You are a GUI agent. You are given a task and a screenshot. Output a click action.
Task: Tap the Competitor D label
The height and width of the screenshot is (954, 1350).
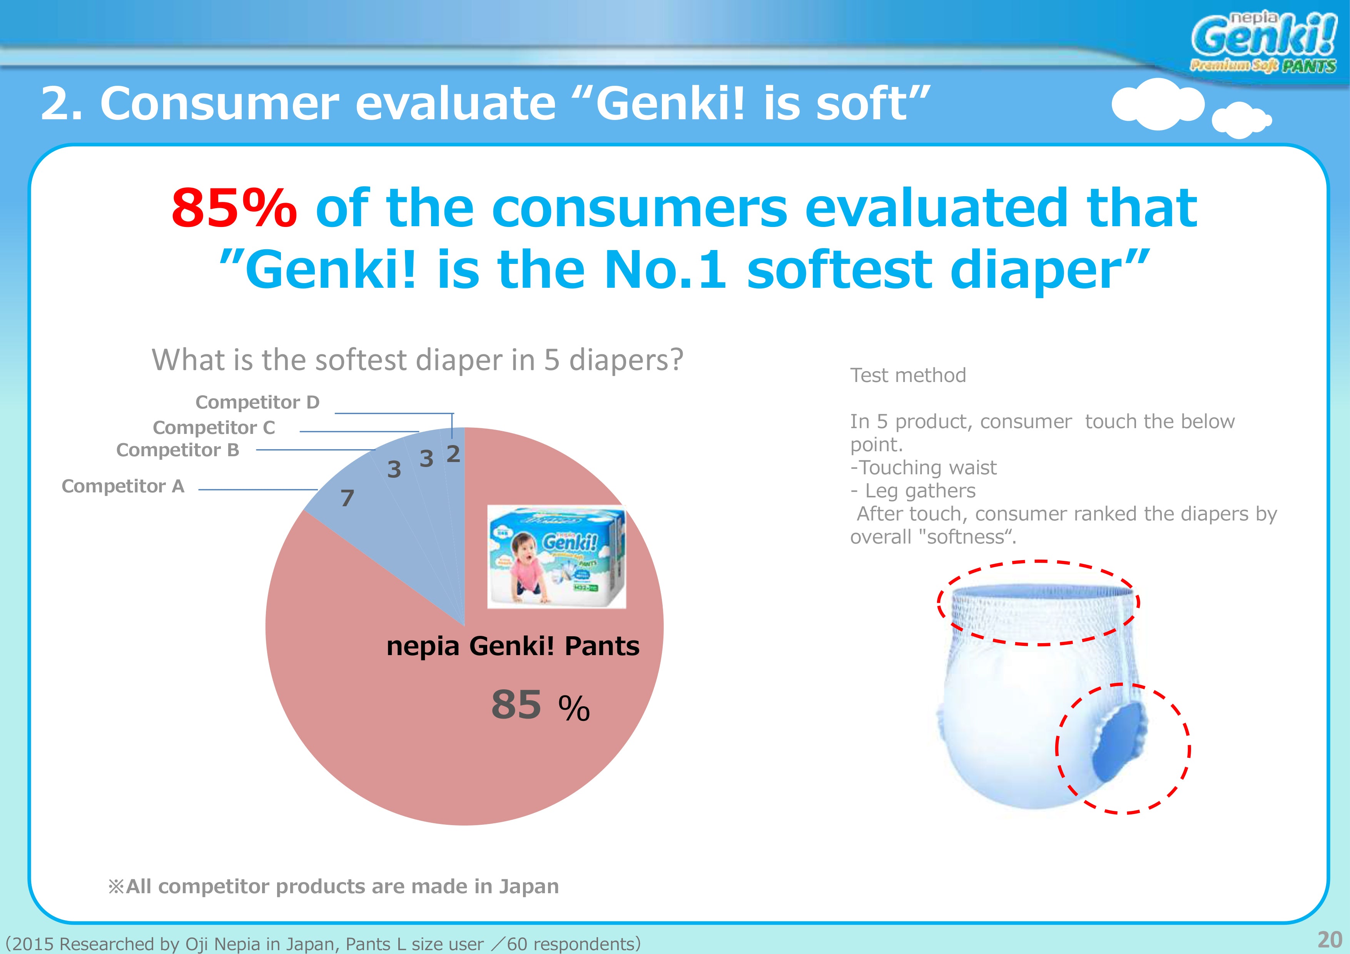click(x=257, y=402)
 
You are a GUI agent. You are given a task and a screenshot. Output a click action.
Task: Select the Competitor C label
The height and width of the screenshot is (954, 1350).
click(x=214, y=427)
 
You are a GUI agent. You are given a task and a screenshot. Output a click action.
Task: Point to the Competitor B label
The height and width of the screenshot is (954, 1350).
click(x=177, y=450)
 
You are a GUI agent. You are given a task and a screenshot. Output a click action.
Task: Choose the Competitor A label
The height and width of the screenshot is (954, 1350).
click(x=123, y=486)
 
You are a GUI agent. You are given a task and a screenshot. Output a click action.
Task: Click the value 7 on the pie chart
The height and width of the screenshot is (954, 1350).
click(x=348, y=499)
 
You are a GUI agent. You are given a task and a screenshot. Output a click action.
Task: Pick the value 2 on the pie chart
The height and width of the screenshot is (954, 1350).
click(x=453, y=454)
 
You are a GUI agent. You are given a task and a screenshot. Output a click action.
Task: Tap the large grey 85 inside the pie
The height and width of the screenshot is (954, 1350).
click(x=516, y=704)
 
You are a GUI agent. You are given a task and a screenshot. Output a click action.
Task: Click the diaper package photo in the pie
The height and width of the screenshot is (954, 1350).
click(x=556, y=557)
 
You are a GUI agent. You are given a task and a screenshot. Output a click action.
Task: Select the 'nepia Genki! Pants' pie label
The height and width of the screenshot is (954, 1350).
click(x=513, y=646)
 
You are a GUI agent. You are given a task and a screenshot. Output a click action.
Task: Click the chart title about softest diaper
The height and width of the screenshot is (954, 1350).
click(x=418, y=360)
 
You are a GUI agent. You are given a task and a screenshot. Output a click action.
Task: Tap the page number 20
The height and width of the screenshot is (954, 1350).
click(x=1330, y=940)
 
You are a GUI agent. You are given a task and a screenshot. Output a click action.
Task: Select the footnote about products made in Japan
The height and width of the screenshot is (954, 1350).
click(x=333, y=886)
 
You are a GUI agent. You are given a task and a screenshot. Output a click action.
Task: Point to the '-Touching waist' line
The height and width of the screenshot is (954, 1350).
click(x=923, y=467)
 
